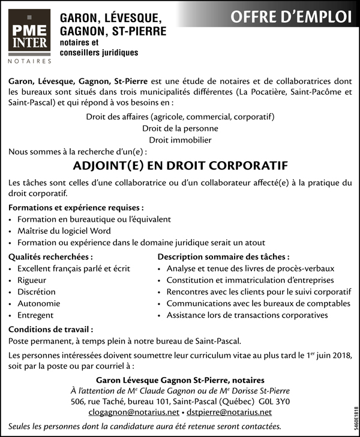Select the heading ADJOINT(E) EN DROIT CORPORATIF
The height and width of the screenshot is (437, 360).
pos(180,165)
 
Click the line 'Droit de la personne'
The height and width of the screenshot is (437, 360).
pos(180,128)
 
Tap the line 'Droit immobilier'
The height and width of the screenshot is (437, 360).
pos(180,140)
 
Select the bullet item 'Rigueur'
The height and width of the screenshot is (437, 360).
pos(32,280)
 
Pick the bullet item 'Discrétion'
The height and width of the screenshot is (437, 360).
pos(37,292)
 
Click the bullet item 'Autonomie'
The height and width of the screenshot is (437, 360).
pos(39,303)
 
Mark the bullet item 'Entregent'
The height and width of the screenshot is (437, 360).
pos(36,315)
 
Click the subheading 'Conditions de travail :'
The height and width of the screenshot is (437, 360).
pos(51,329)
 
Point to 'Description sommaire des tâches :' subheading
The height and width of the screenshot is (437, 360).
pos(223,256)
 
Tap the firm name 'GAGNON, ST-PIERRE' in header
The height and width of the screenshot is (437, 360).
pos(112,31)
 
